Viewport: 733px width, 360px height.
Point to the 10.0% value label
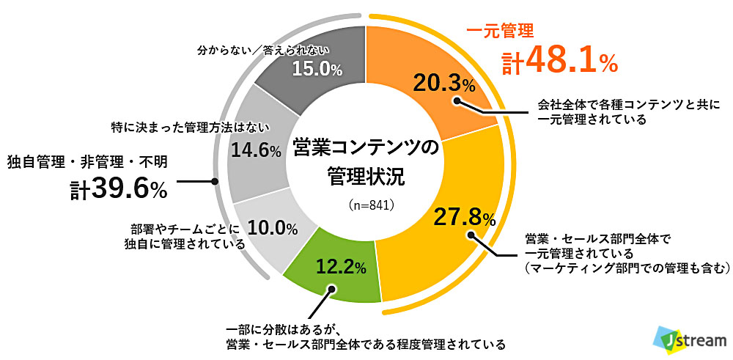[x=272, y=228]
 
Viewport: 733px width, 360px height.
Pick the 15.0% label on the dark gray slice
[x=317, y=69]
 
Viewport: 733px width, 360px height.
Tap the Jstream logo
[x=690, y=339]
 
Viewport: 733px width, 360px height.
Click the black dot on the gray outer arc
[x=214, y=181]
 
